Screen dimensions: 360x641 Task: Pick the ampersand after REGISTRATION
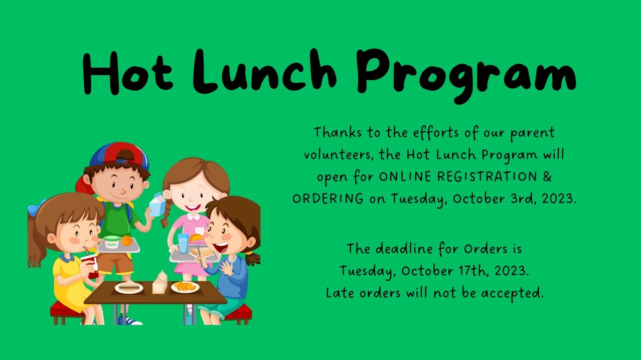(547, 176)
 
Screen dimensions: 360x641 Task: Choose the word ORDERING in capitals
(328, 199)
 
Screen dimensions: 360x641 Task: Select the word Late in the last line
(339, 292)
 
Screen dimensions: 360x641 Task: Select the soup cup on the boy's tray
(113, 241)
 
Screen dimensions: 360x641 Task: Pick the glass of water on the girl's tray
(183, 244)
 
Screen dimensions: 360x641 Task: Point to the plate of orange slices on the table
(185, 287)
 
